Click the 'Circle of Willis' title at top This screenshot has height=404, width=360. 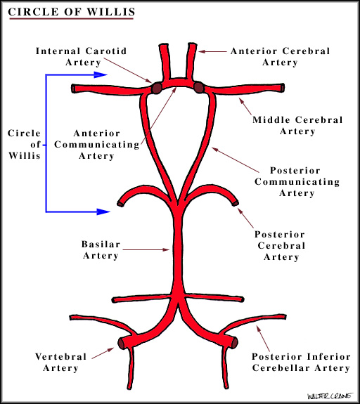[x=68, y=12]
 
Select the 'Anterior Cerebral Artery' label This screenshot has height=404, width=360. [x=269, y=56]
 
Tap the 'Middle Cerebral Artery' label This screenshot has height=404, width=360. [x=297, y=125]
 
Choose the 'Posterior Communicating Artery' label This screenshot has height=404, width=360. [x=304, y=182]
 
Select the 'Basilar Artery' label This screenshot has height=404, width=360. [x=101, y=250]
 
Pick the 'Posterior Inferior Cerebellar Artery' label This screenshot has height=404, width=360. [x=300, y=362]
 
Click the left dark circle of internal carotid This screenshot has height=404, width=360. [x=155, y=89]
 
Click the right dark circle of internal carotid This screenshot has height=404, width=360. [x=199, y=88]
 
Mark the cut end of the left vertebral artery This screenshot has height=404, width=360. [x=122, y=344]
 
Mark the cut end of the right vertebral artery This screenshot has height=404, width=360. [x=234, y=344]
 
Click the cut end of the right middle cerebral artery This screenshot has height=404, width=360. [x=283, y=89]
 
